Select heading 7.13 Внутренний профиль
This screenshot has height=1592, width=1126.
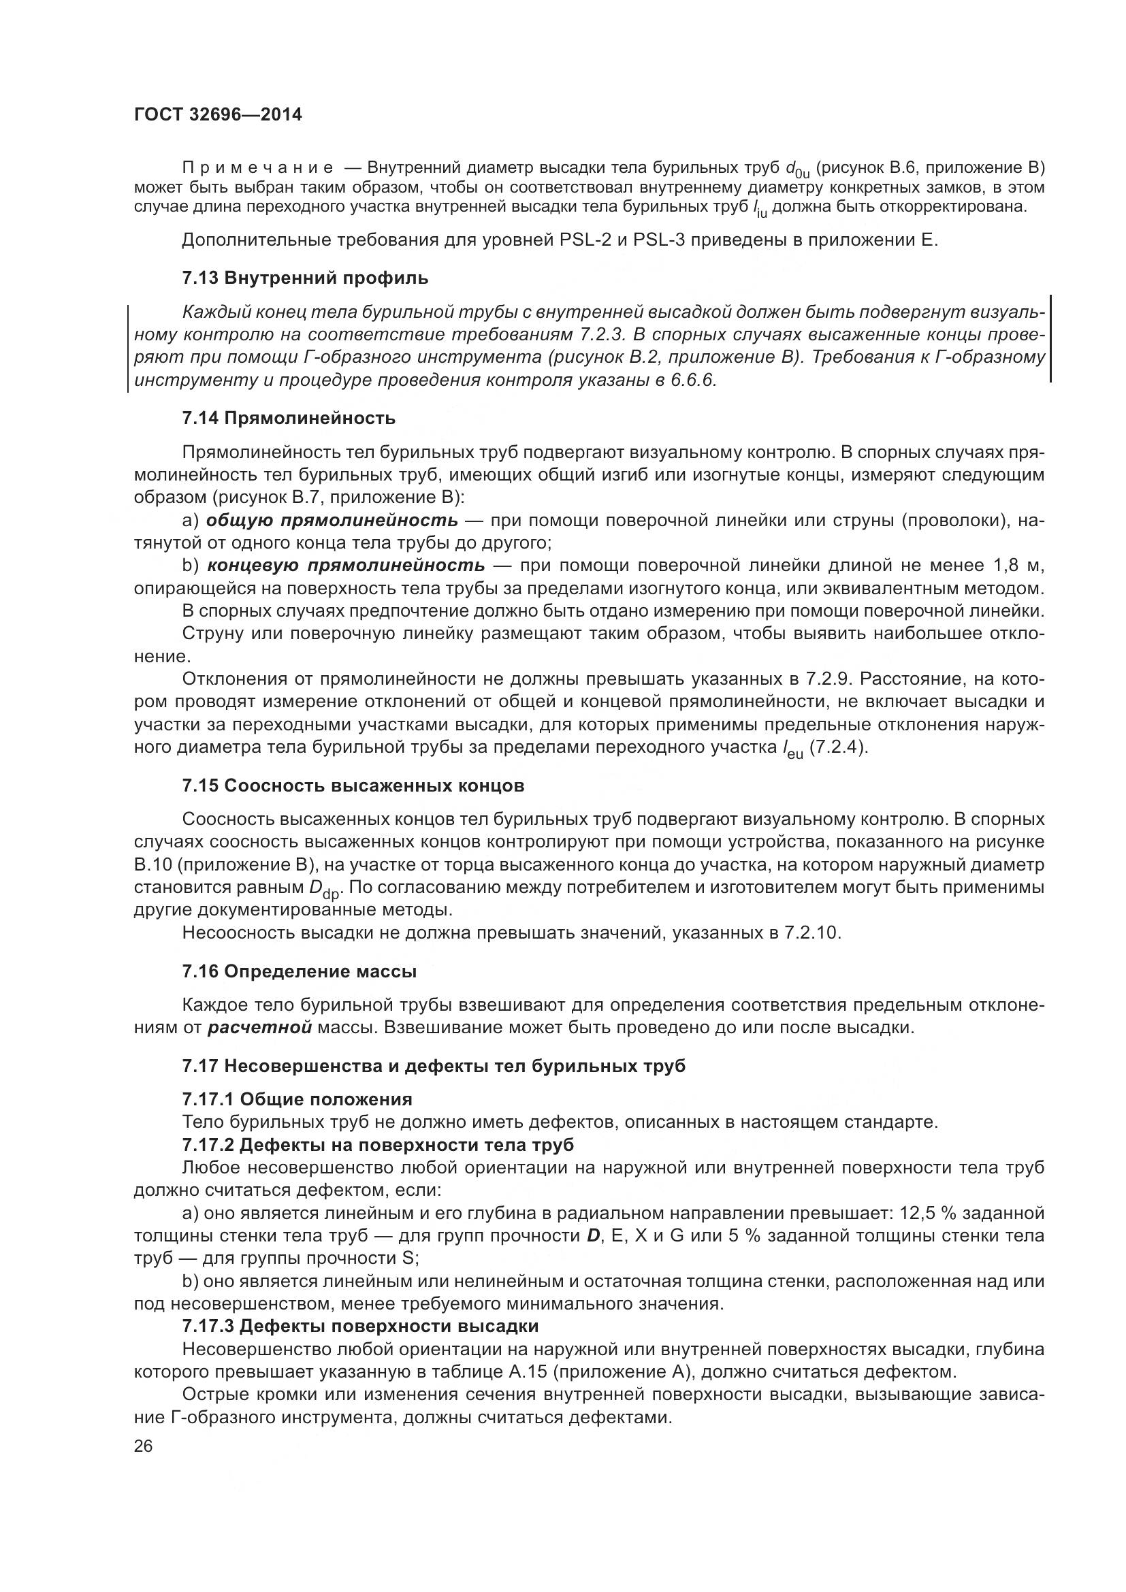click(305, 279)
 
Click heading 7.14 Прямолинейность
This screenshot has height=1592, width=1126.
click(289, 418)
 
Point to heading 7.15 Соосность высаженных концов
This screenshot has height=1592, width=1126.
click(353, 785)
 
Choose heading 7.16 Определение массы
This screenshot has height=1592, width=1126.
click(299, 971)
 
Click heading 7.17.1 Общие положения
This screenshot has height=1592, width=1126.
click(297, 1099)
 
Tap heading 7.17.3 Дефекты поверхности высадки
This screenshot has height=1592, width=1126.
click(361, 1326)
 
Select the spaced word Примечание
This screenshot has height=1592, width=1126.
click(257, 169)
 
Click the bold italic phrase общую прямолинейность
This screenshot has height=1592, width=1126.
click(332, 520)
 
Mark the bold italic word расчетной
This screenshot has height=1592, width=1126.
click(259, 1027)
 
